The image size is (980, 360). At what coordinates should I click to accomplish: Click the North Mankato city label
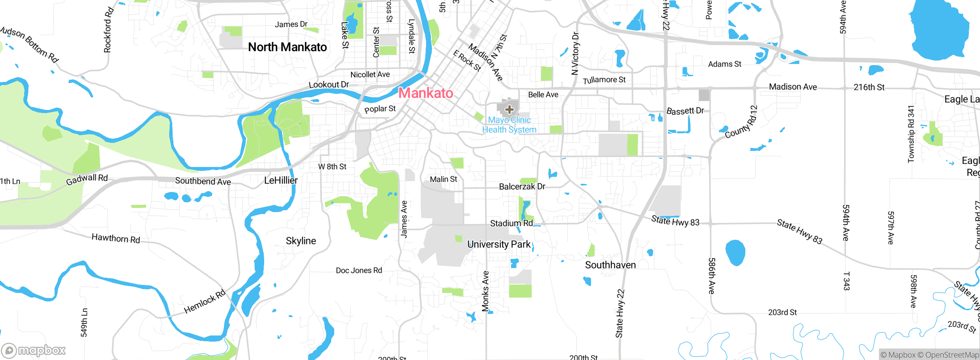(x=287, y=47)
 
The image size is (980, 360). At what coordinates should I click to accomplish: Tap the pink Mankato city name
(x=426, y=93)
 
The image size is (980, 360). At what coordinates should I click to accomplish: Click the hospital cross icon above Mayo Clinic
(x=509, y=110)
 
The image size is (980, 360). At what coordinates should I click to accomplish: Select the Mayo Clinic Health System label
(x=509, y=125)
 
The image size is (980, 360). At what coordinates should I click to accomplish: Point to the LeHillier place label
(x=281, y=180)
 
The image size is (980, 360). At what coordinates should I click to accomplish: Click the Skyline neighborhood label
(x=301, y=241)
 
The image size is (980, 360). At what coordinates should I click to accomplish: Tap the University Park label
(x=499, y=244)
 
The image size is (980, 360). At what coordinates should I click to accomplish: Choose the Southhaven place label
(x=610, y=265)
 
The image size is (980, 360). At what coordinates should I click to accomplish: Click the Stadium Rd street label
(x=511, y=223)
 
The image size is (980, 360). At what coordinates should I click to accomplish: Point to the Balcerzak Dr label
(x=522, y=187)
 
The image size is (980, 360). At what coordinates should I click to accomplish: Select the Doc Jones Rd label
(x=359, y=270)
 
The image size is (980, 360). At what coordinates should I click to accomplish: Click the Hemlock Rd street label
(x=205, y=302)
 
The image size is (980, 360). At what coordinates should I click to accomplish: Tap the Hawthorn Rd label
(x=116, y=239)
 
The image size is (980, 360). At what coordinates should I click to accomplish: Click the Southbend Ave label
(x=203, y=181)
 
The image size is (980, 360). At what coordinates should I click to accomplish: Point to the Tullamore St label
(x=604, y=80)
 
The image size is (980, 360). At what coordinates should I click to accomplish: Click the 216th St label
(x=869, y=87)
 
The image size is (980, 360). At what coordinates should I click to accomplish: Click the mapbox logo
(x=34, y=350)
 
